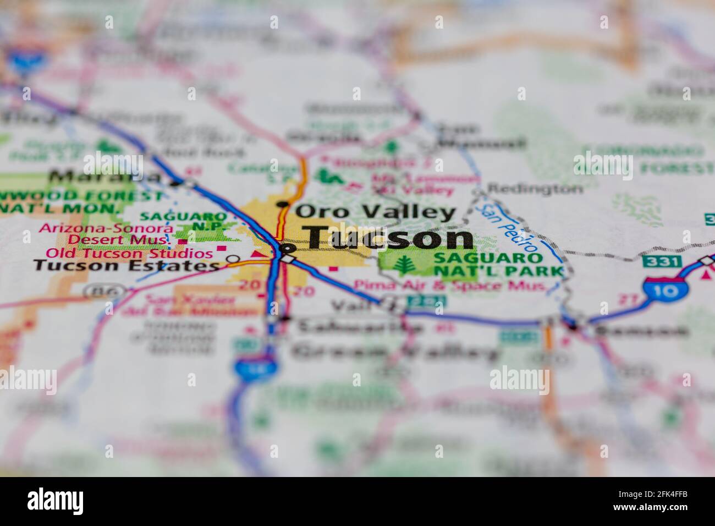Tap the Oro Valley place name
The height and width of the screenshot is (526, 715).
coord(376,211)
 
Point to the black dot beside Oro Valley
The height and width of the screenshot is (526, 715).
coord(283,204)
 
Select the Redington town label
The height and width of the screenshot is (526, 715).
coord(535,189)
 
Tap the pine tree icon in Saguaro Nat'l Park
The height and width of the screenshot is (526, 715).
coord(405,265)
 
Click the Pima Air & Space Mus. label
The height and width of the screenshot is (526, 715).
coord(450,286)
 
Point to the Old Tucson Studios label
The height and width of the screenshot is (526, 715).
coord(129,254)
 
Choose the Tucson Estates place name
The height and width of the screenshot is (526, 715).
coord(126,266)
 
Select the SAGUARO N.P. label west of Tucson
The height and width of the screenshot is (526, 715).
coord(183,221)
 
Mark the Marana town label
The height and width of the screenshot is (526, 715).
coord(105,177)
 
